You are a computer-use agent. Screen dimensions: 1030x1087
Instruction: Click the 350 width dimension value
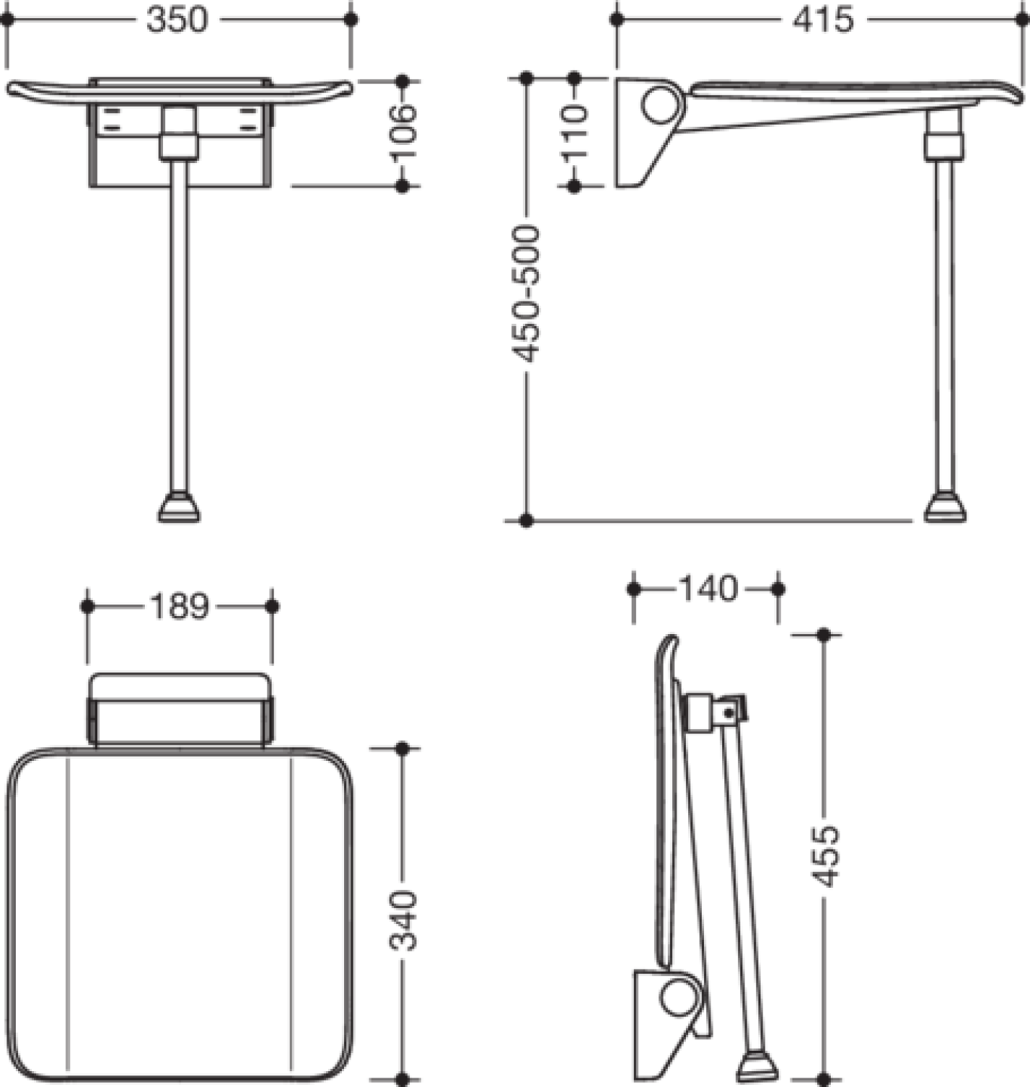pyautogui.click(x=177, y=20)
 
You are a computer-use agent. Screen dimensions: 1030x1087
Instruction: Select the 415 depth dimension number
pyautogui.click(x=824, y=20)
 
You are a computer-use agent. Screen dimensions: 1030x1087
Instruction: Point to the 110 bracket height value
pyautogui.click(x=574, y=133)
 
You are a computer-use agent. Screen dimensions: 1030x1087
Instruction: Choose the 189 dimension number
pyautogui.click(x=179, y=607)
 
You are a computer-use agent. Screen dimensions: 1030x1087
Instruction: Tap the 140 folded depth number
pyautogui.click(x=708, y=589)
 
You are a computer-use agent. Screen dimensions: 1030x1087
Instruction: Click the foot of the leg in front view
pyautogui.click(x=179, y=507)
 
